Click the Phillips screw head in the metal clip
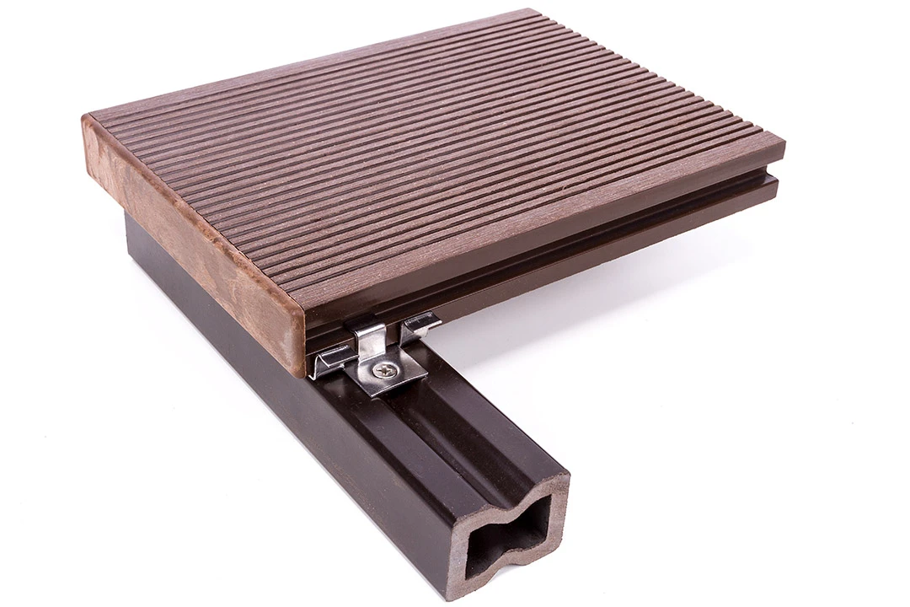coord(385,368)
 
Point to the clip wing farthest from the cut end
coord(420,321)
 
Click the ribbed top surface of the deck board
coord(421,152)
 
